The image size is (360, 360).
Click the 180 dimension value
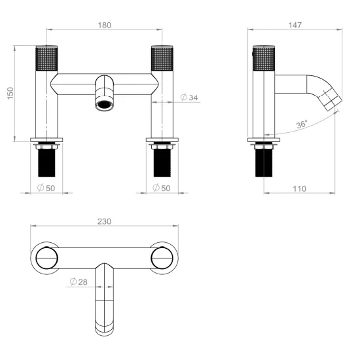(104, 26)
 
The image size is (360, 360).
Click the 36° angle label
(301, 124)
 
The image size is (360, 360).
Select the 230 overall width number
(104, 222)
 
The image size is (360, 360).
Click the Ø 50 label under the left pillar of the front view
(46, 188)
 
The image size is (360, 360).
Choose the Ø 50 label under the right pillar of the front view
(161, 188)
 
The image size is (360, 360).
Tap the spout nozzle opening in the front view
(104, 104)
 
